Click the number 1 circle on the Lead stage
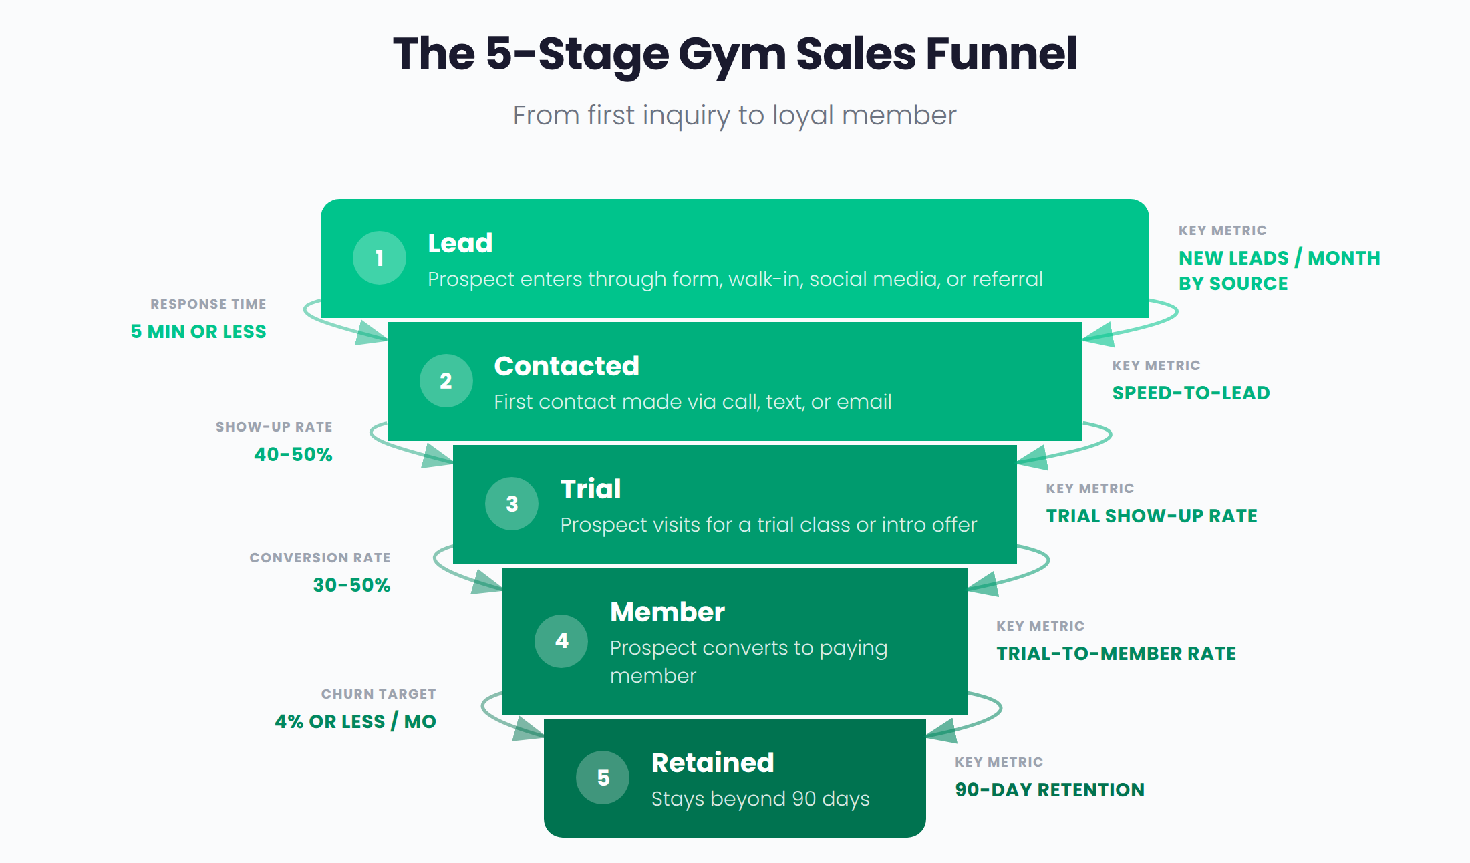tap(380, 258)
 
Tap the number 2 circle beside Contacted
tap(446, 381)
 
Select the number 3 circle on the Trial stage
tap(512, 504)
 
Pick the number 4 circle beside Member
tap(561, 641)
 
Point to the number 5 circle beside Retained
tap(603, 778)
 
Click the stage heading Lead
tap(460, 243)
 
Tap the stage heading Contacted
tap(566, 366)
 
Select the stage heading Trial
tap(590, 489)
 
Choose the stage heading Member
tap(667, 612)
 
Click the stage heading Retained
tap(712, 763)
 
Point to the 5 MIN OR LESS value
tap(198, 331)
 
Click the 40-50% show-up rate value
tap(293, 454)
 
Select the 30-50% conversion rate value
tap(351, 585)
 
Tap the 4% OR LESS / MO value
tap(355, 721)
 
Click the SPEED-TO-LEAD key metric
tap(1191, 393)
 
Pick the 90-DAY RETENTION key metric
tap(1049, 790)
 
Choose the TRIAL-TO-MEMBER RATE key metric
tap(1116, 653)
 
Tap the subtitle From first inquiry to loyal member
tap(734, 116)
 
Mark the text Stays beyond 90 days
tap(760, 799)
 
